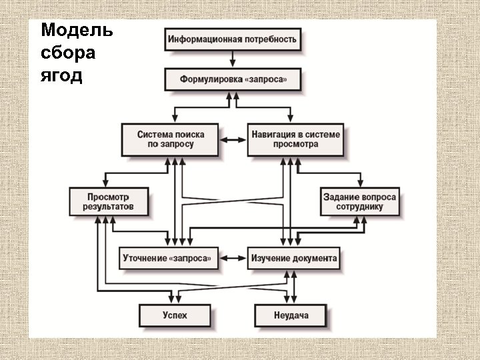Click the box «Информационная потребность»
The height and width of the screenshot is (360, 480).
232,39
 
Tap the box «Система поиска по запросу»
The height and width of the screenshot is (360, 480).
170,139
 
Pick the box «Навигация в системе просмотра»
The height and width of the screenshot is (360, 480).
295,139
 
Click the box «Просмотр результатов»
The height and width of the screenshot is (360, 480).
108,202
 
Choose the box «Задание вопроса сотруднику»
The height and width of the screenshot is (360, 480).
359,202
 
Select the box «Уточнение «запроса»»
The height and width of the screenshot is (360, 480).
169,257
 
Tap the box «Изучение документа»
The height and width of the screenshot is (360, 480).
293,257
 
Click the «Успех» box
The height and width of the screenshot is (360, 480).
174,314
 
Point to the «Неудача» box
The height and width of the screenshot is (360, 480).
291,314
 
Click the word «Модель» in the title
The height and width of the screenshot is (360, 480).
77,31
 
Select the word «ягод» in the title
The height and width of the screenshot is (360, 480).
61,76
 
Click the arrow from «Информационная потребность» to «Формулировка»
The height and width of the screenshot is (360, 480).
232,59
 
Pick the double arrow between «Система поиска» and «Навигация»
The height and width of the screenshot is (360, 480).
233,140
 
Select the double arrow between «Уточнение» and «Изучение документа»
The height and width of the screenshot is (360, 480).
233,257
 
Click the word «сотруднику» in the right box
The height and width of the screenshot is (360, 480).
360,207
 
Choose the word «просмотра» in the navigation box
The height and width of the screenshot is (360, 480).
295,145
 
